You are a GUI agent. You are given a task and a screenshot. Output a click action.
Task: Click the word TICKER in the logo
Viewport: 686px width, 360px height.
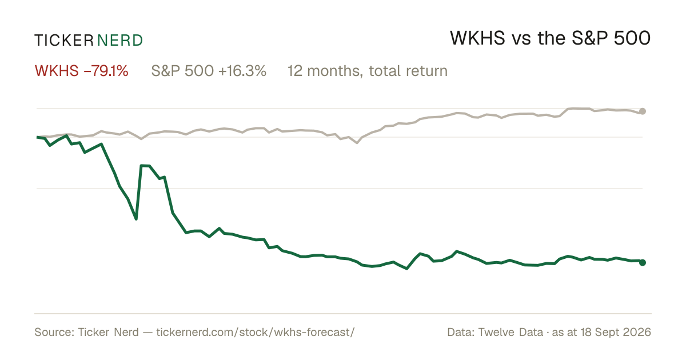click(x=63, y=41)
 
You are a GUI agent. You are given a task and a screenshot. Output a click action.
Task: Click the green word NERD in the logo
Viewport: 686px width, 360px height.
click(x=119, y=41)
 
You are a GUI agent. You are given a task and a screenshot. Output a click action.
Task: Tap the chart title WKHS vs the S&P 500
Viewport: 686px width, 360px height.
click(x=550, y=38)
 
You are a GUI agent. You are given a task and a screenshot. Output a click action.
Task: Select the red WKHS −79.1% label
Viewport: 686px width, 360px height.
click(x=81, y=71)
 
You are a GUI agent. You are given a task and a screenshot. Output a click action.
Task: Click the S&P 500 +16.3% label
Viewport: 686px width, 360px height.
click(x=209, y=71)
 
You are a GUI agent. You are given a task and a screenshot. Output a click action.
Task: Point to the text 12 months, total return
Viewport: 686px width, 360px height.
click(x=368, y=71)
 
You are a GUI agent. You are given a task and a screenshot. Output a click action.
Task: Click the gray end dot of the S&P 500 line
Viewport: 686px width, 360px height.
click(x=643, y=111)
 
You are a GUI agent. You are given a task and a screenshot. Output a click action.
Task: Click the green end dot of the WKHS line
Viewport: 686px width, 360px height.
click(x=643, y=262)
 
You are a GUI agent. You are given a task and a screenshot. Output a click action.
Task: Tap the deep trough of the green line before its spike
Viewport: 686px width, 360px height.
click(x=136, y=219)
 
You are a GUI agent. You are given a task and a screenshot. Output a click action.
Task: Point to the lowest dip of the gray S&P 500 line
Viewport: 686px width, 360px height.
click(x=357, y=143)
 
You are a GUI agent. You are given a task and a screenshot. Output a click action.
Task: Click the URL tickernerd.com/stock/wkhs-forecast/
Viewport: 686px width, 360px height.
click(x=256, y=332)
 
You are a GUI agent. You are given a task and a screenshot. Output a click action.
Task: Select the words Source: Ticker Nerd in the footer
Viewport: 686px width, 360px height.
click(x=87, y=332)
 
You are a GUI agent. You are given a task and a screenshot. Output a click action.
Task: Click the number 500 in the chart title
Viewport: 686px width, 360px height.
click(x=632, y=38)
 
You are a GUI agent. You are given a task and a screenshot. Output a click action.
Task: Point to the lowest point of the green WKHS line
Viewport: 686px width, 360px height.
click(x=406, y=269)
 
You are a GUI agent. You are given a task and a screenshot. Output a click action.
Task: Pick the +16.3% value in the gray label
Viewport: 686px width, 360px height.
click(x=242, y=71)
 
